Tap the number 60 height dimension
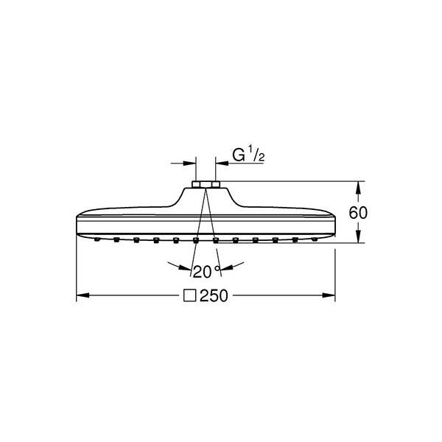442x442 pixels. (357, 212)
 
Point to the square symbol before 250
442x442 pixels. (190, 296)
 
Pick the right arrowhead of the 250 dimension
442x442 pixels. (331, 296)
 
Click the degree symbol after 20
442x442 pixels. (217, 267)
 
